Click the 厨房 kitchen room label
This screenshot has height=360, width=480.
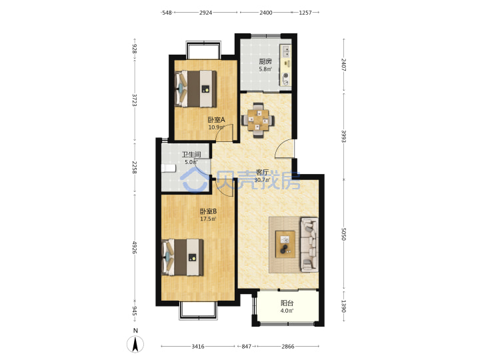tap(265, 61)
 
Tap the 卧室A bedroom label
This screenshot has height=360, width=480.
tap(216, 120)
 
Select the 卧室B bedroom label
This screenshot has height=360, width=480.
tap(208, 211)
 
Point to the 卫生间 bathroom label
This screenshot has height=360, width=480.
tap(191, 155)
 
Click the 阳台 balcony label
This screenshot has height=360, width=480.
tap(287, 303)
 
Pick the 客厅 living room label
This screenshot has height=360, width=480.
tap(262, 173)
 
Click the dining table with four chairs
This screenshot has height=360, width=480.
tap(258, 120)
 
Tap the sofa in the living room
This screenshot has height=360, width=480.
tap(309, 245)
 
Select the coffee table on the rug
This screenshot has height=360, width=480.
tap(285, 244)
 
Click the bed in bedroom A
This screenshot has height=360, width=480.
tap(195, 89)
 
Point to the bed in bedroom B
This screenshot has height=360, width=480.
tap(183, 257)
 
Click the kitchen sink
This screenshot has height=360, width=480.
tap(286, 51)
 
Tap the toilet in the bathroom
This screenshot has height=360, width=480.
tap(169, 168)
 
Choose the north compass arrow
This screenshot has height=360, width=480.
tap(135, 344)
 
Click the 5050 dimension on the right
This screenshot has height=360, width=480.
tap(343, 234)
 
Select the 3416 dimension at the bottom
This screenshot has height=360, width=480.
tap(198, 347)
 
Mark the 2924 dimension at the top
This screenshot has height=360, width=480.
tap(206, 13)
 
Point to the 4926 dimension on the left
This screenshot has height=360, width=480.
tap(135, 247)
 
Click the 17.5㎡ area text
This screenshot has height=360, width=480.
tap(208, 219)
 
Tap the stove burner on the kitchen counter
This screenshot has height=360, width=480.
tap(286, 75)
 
